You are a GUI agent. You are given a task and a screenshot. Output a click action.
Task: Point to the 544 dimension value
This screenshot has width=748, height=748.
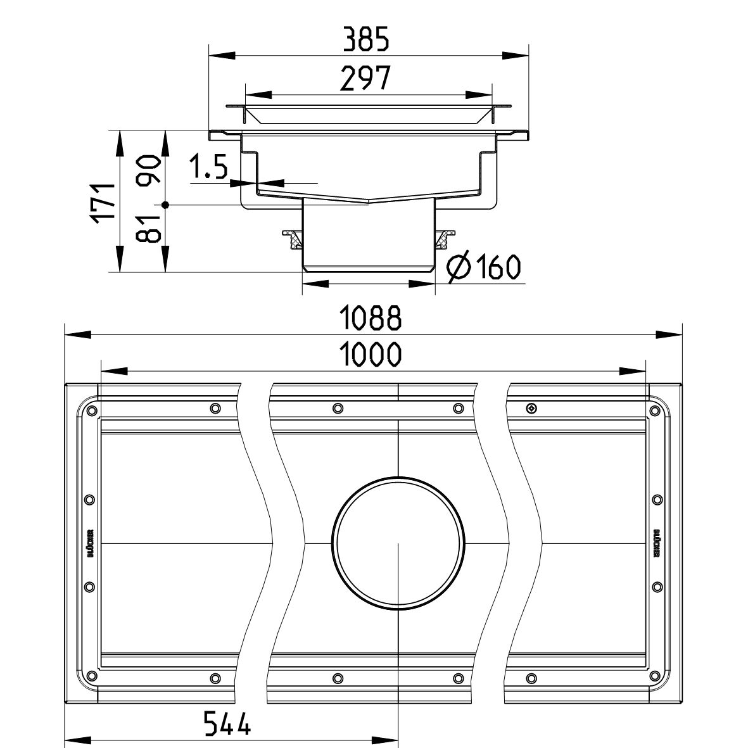point(227,723)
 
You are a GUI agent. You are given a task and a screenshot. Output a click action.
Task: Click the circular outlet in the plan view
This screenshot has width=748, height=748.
point(398,543)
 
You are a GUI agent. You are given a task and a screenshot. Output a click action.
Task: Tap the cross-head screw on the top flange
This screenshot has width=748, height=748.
point(531,407)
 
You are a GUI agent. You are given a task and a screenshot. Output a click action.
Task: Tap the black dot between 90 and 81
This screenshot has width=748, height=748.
point(165,205)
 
